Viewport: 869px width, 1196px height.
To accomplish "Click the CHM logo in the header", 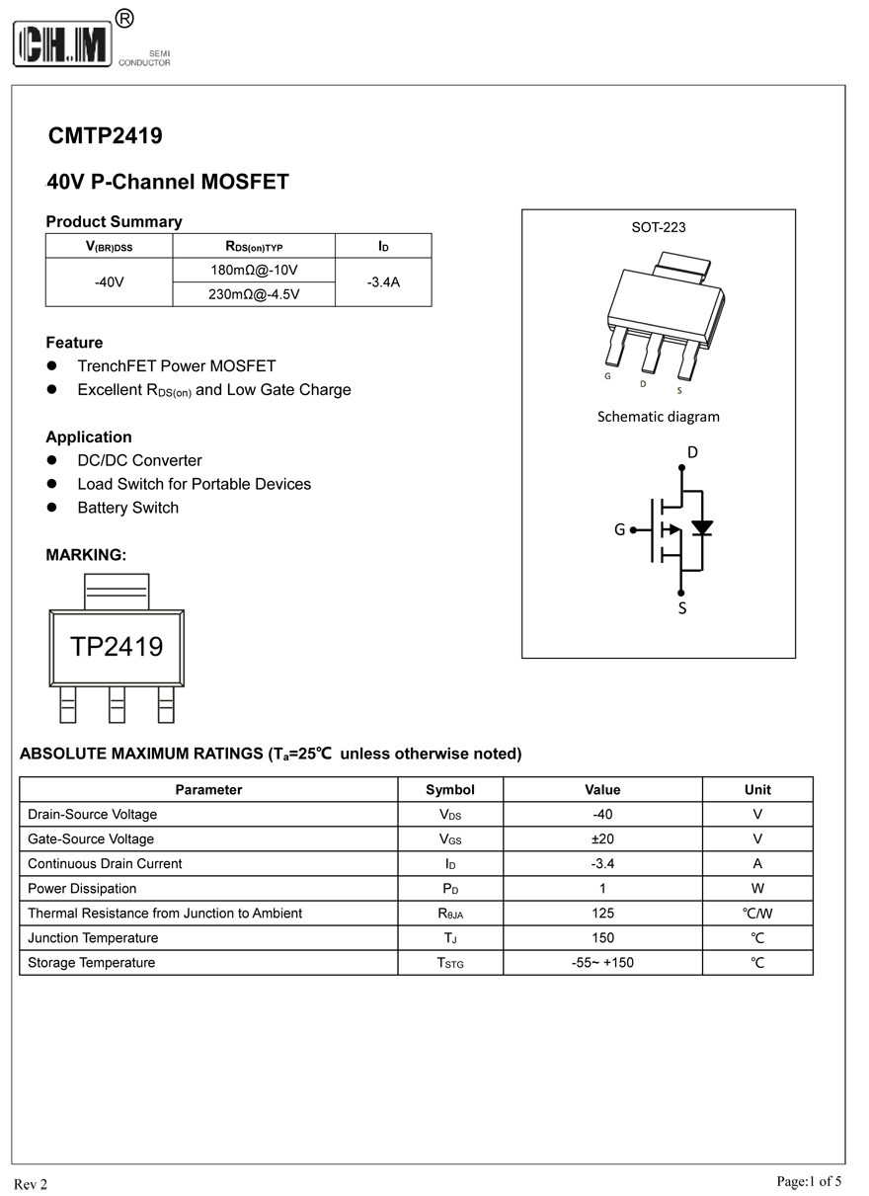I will click(63, 43).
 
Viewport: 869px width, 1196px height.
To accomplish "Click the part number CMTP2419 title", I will click(105, 135).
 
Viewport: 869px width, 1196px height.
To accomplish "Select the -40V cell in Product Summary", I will click(109, 282).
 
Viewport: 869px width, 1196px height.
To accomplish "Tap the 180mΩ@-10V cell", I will click(254, 270).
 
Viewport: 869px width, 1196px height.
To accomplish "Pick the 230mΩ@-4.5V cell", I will click(254, 294).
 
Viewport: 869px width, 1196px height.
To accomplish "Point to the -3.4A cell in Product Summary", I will click(383, 282).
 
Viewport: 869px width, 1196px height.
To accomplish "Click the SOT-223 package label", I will click(659, 227).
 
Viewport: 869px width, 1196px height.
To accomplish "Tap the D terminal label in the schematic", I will click(692, 452).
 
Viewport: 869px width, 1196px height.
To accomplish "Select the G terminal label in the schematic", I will click(619, 529).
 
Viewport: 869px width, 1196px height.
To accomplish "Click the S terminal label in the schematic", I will click(681, 609).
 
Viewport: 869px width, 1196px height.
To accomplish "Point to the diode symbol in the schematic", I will click(702, 527).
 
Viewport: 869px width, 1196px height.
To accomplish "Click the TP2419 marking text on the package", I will click(117, 647).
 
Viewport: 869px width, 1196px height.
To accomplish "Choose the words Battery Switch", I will click(128, 508).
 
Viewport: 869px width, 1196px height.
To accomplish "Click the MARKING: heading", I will click(86, 555).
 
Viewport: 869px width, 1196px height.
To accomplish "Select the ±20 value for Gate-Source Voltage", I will click(602, 838).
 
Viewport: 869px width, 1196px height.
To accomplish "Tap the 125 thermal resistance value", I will click(602, 913).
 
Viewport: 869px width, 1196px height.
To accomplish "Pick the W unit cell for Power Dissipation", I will click(757, 888).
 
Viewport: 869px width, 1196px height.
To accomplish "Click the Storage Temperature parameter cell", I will click(91, 962).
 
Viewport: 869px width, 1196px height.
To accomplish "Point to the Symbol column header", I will click(450, 789).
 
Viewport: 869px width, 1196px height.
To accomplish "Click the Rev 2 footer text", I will click(30, 1184).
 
